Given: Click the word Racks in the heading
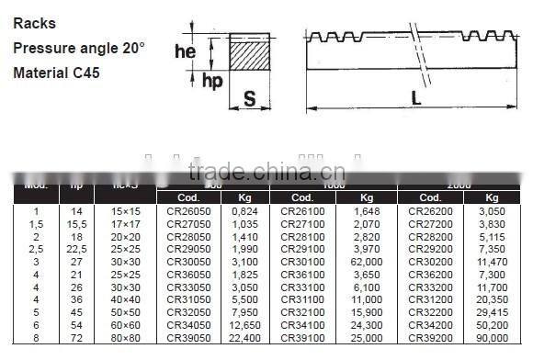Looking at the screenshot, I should [33, 23].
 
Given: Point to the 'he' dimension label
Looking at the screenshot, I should [186, 52].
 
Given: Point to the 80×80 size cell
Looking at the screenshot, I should [124, 337].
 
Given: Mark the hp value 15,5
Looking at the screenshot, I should [76, 223].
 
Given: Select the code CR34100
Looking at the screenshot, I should [303, 324].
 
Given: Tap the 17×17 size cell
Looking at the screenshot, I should [124, 223].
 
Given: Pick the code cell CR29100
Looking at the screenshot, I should [303, 249].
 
